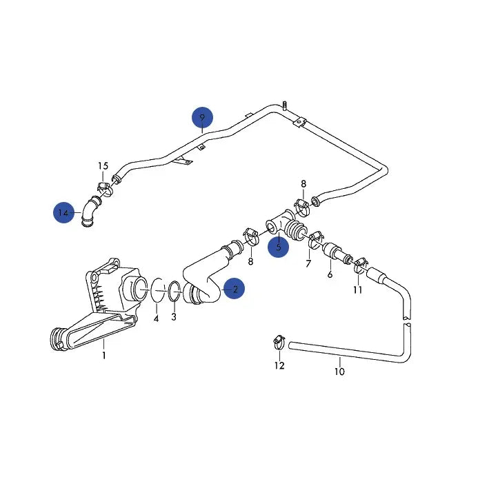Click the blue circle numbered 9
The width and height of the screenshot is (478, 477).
pos(202,118)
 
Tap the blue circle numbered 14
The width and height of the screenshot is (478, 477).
pos(64,213)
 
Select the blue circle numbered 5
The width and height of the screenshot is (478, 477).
pos(278,246)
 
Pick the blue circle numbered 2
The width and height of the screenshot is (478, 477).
pos(235,290)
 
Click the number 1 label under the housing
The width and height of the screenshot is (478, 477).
pos(103,356)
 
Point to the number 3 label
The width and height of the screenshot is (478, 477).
pos(173,317)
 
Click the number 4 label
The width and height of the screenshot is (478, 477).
pos(156,318)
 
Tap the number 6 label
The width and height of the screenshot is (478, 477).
pos(330,274)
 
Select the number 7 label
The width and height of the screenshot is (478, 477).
pos(308,263)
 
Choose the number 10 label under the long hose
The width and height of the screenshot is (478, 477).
pos(339,372)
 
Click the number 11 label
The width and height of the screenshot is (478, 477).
pos(357,290)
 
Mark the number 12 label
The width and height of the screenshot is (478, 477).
pos(279,365)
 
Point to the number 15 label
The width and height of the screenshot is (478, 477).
pos(103,166)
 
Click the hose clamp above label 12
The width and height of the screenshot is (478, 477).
pos(278,340)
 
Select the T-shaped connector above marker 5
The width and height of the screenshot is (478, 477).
pos(279,225)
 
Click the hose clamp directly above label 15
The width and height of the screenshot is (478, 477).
pos(103,187)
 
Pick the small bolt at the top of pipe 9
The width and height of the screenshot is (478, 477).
pos(283,104)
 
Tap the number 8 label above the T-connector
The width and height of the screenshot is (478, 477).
pos(303,183)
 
